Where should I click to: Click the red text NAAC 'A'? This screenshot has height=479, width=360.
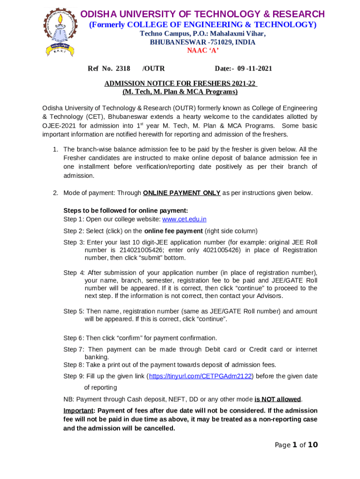point(202,51)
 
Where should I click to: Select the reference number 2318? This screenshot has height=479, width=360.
point(122,69)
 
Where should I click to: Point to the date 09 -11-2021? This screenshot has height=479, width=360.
point(254,69)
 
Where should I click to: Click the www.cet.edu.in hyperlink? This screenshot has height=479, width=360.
point(184,219)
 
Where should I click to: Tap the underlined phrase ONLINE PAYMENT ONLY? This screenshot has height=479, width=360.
point(181,193)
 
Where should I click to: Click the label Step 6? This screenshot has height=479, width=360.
point(73,338)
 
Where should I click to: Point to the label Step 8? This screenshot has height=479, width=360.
point(73,365)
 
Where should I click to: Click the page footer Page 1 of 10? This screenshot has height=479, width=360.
point(296,445)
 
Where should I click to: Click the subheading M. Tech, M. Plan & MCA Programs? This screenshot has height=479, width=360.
point(180,92)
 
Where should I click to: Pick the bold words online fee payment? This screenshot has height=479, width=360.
point(173,231)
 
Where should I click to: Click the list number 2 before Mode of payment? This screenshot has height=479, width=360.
point(55,193)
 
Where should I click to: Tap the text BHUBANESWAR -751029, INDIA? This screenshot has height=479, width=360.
point(202,42)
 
